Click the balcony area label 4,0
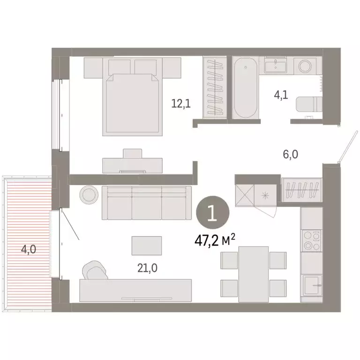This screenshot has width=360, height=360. coord(28,248)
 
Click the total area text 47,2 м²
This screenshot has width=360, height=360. coord(214,240)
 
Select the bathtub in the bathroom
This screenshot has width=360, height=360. coord(245,89)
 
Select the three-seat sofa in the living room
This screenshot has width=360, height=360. coord(146,202)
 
